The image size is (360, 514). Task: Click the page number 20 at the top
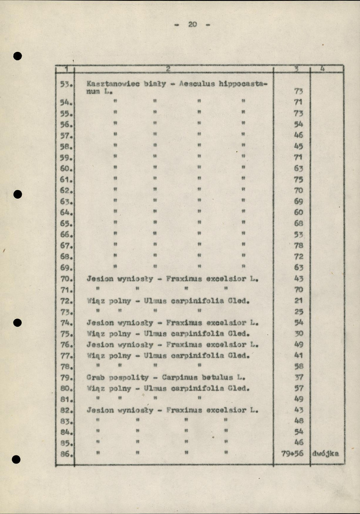click(192, 24)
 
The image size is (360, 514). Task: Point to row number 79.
click(65, 378)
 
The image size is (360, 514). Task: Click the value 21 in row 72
click(299, 300)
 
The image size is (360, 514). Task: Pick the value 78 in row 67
click(299, 245)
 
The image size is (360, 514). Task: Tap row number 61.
click(65, 180)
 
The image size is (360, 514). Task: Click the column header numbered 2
click(168, 69)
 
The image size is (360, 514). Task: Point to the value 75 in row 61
click(299, 180)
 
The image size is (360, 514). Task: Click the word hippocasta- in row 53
click(243, 84)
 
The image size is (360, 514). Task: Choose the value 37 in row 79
click(299, 378)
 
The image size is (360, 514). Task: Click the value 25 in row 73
click(299, 311)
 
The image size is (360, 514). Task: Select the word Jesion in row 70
click(100, 279)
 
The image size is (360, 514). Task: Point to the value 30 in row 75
click(299, 333)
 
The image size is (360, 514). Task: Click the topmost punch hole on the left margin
click(18, 56)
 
